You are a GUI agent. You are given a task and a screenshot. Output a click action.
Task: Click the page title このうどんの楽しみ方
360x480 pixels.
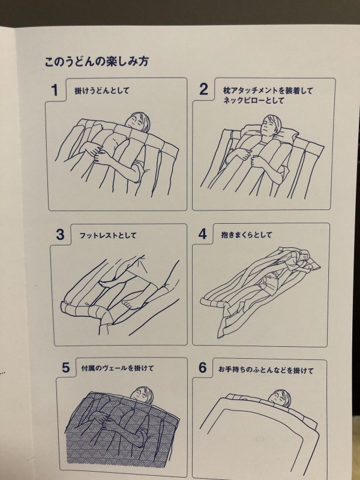(97, 62)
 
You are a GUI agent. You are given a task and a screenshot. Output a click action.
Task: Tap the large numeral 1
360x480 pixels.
(55, 90)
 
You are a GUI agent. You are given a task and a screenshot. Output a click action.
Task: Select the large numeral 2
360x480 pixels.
(203, 89)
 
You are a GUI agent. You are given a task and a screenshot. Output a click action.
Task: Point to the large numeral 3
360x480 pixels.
(61, 235)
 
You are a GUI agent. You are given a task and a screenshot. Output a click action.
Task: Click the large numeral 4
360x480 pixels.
(203, 234)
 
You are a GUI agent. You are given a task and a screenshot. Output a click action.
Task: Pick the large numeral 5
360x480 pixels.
(66, 368)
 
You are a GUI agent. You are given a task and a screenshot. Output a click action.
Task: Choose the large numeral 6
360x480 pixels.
(203, 368)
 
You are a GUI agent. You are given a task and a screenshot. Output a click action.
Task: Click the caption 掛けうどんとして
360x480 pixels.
(102, 91)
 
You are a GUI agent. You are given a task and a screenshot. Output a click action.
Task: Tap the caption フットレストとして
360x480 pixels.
(108, 235)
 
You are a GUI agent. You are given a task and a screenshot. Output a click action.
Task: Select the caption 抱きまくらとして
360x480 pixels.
(247, 235)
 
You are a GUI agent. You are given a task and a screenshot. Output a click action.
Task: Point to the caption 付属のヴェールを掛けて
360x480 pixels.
(118, 368)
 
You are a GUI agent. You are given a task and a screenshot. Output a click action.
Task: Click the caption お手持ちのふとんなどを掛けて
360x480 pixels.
(266, 370)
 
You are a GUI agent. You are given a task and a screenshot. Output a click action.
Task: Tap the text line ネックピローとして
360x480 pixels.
(253, 100)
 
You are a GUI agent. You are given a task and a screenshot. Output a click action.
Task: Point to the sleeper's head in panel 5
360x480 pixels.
(142, 395)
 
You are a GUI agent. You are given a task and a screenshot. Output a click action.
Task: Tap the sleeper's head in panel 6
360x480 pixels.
(280, 398)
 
